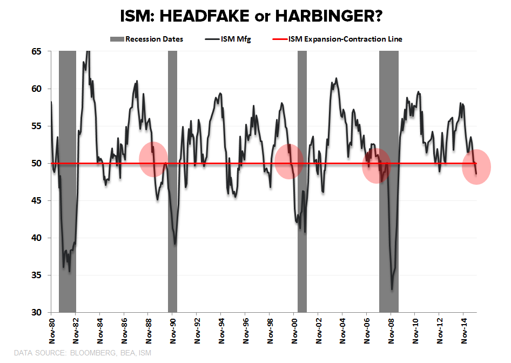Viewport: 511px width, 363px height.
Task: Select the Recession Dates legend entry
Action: coord(147,39)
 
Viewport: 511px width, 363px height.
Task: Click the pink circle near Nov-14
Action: coord(476,166)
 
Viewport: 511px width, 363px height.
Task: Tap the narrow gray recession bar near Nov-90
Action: coord(172,178)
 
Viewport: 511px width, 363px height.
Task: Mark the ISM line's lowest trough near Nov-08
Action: coord(392,290)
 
